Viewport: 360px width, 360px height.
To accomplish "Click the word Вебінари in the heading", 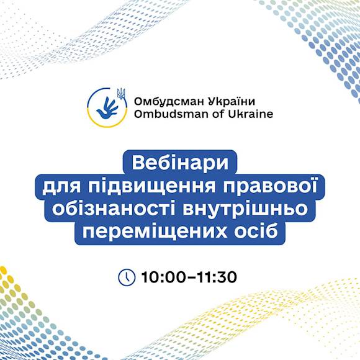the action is pyautogui.click(x=180, y=163).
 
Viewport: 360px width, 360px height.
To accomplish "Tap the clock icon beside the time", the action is pyautogui.click(x=127, y=277).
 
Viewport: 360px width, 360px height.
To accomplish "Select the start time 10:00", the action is pyautogui.click(x=163, y=277).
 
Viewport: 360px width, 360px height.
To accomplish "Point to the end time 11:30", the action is pyautogui.click(x=217, y=277).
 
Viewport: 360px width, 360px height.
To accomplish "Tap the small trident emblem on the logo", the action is pyautogui.click(x=121, y=94).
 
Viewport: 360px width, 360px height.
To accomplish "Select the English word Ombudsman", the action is pyautogui.click(x=171, y=114).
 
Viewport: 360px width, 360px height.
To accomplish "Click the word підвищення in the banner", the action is pyautogui.click(x=152, y=187).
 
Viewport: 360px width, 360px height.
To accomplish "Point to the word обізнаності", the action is pyautogui.click(x=114, y=209).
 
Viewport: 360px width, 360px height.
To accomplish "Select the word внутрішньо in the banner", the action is pyautogui.click(x=245, y=210).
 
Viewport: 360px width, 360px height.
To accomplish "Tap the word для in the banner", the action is pyautogui.click(x=61, y=187).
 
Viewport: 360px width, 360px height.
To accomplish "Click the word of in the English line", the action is pyautogui.click(x=218, y=114).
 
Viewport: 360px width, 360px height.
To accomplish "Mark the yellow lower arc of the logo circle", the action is pyautogui.click(x=107, y=122).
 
